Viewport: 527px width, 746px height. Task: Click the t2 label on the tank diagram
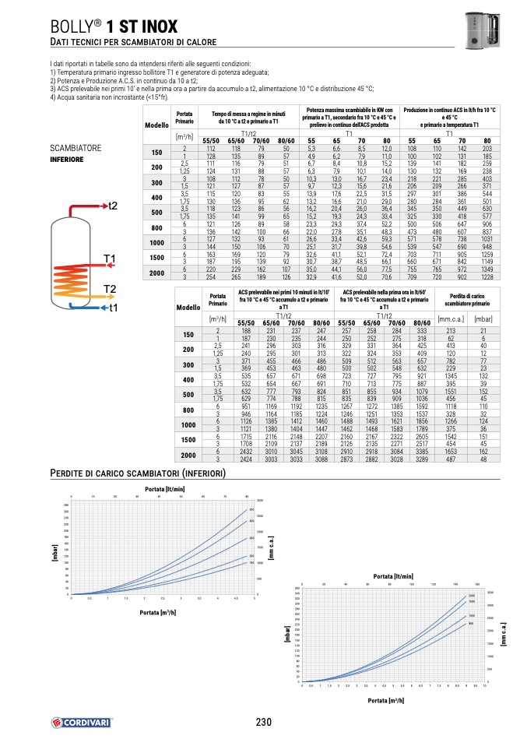coord(112,206)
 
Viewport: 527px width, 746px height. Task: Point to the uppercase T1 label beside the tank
coord(109,259)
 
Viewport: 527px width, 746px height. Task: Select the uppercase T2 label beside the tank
coord(109,290)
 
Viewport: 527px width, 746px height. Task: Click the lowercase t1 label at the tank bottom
coord(113,308)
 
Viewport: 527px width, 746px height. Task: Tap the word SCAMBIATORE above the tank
coord(78,148)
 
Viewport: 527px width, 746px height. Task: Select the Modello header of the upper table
coord(156,125)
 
